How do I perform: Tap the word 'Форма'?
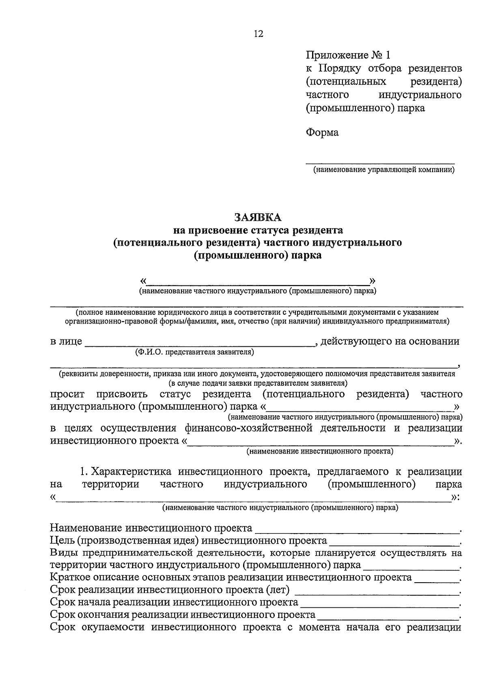coord(322,132)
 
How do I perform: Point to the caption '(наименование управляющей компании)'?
coord(383,170)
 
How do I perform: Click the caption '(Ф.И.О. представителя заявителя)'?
coord(194,352)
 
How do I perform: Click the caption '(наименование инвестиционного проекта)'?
coord(320,451)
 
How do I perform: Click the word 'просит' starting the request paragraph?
coord(67,394)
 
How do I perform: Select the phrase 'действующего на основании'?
coord(390,341)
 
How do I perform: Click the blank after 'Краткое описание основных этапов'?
coord(436,579)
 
